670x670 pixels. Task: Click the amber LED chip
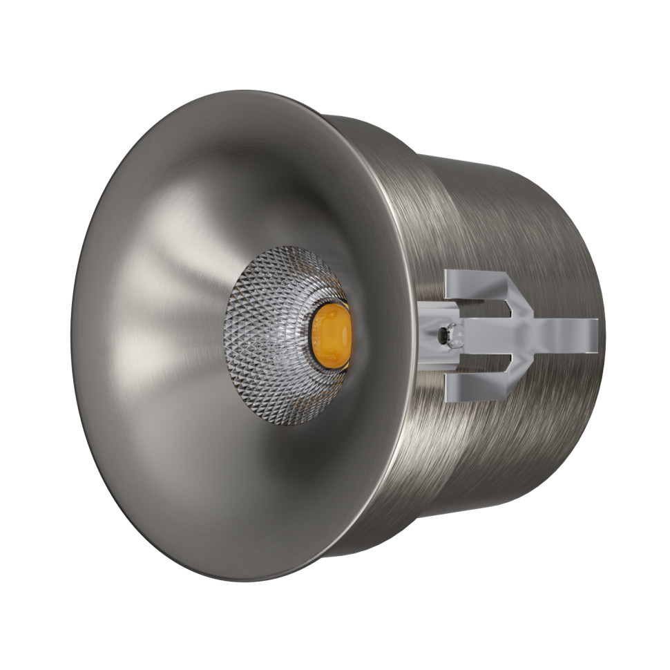click(331, 336)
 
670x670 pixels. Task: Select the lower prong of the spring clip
click(477, 390)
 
